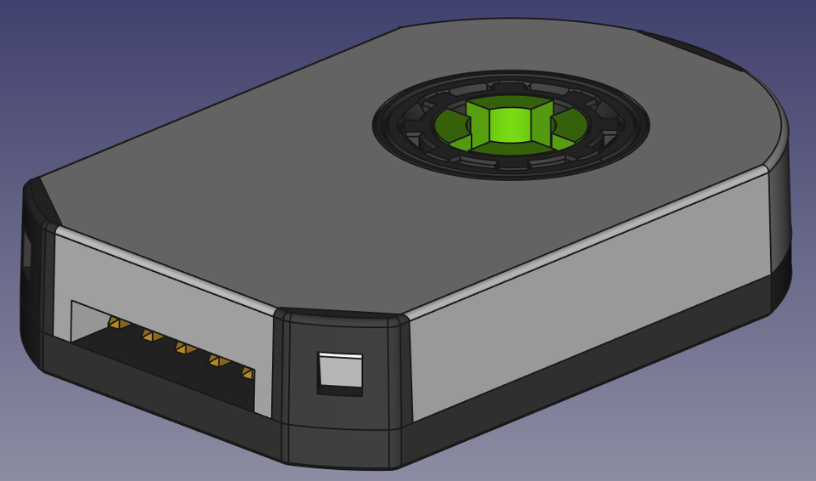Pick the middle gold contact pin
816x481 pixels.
click(x=182, y=348)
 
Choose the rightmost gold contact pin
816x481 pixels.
click(x=246, y=373)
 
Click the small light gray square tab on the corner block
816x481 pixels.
click(x=340, y=370)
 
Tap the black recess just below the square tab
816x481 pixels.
click(x=338, y=390)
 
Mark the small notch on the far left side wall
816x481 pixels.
click(x=26, y=246)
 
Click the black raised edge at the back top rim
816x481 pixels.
click(x=688, y=47)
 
